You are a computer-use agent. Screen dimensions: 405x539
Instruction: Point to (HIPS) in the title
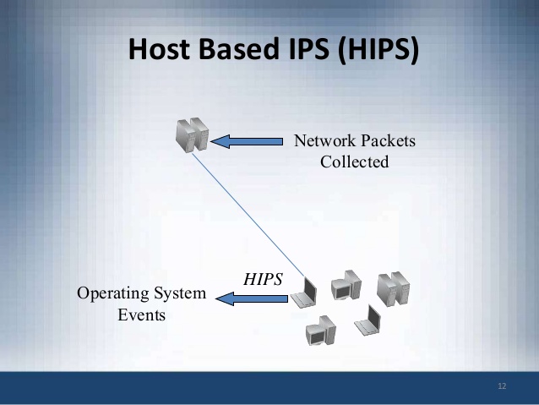click(x=377, y=50)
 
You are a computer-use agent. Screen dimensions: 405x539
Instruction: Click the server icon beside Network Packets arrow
click(x=191, y=136)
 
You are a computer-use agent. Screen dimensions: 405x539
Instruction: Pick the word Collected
click(x=354, y=161)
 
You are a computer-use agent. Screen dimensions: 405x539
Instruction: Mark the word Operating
click(x=112, y=293)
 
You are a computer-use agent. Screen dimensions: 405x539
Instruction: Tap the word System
click(x=177, y=293)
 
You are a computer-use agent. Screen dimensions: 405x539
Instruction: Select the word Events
click(x=141, y=315)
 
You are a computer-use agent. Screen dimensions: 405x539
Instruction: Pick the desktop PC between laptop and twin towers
click(x=346, y=286)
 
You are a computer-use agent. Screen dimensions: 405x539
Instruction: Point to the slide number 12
click(x=502, y=386)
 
